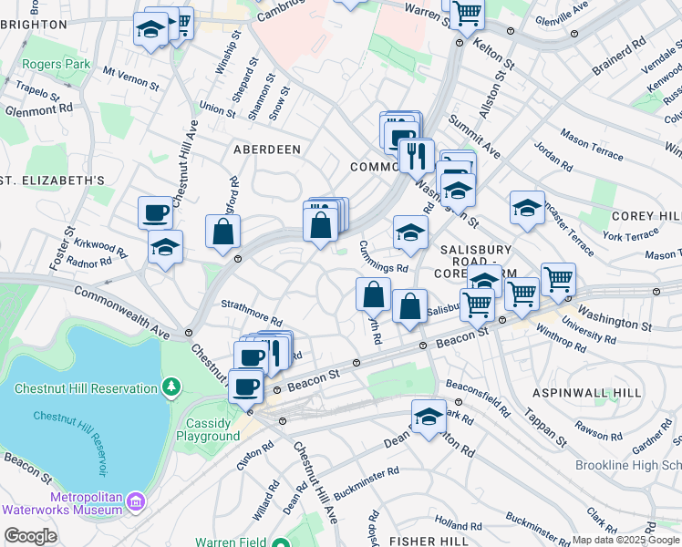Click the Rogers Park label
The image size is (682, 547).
[58, 65]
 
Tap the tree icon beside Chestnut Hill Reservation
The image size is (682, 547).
[170, 388]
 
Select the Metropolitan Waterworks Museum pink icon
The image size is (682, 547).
[136, 501]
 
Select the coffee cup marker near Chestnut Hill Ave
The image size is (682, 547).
[155, 212]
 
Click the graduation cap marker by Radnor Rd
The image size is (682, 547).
[165, 246]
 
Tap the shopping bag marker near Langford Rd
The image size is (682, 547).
[222, 232]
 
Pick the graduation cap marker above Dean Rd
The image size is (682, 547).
[429, 417]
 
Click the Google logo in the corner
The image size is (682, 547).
[30, 536]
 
